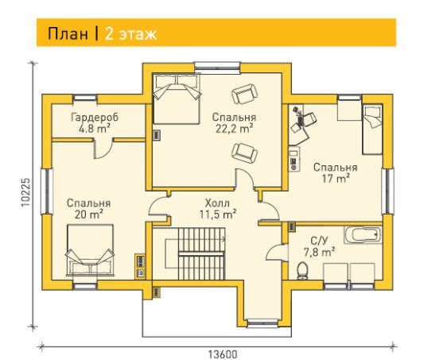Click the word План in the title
[68, 34]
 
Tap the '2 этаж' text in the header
[130, 34]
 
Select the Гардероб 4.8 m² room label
[95, 123]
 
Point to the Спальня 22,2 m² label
[235, 123]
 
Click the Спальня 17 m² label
[335, 173]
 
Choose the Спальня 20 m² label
[89, 209]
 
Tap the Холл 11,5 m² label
[218, 209]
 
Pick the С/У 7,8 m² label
[319, 246]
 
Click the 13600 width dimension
[223, 354]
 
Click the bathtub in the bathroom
[363, 234]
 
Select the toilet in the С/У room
[302, 270]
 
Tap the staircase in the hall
[201, 254]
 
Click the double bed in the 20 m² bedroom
[90, 250]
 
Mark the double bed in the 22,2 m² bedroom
[177, 99]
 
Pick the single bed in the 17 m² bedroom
[372, 130]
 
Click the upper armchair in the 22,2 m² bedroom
[244, 94]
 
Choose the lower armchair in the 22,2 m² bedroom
[244, 153]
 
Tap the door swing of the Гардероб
[103, 149]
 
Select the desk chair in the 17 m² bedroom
[309, 118]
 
